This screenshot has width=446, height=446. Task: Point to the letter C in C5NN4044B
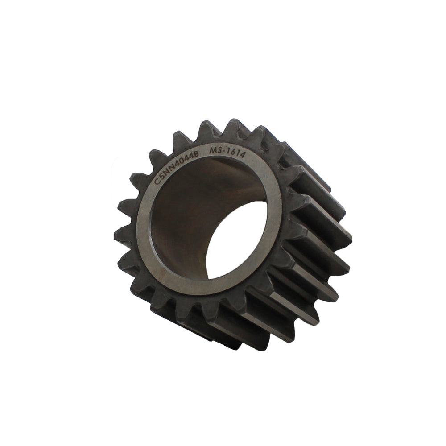coord(156,182)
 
